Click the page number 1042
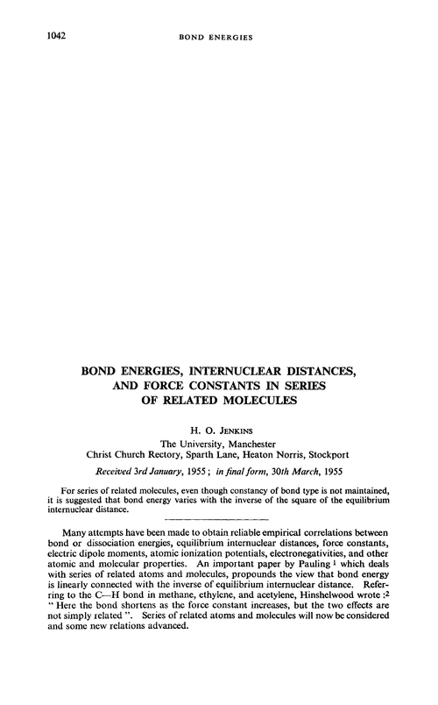click(x=32, y=38)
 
